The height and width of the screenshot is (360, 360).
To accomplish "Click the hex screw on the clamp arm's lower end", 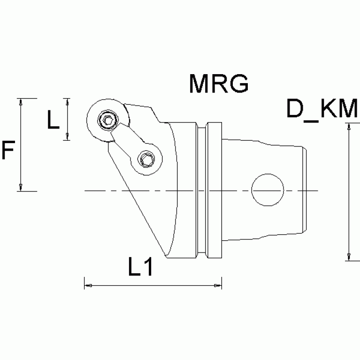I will pos(146,160).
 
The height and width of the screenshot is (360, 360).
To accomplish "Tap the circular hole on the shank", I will pos(268,190).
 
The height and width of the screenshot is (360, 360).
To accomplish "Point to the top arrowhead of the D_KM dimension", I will pos(349,126).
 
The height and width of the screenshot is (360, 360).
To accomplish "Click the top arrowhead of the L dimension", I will pos(68,101).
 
